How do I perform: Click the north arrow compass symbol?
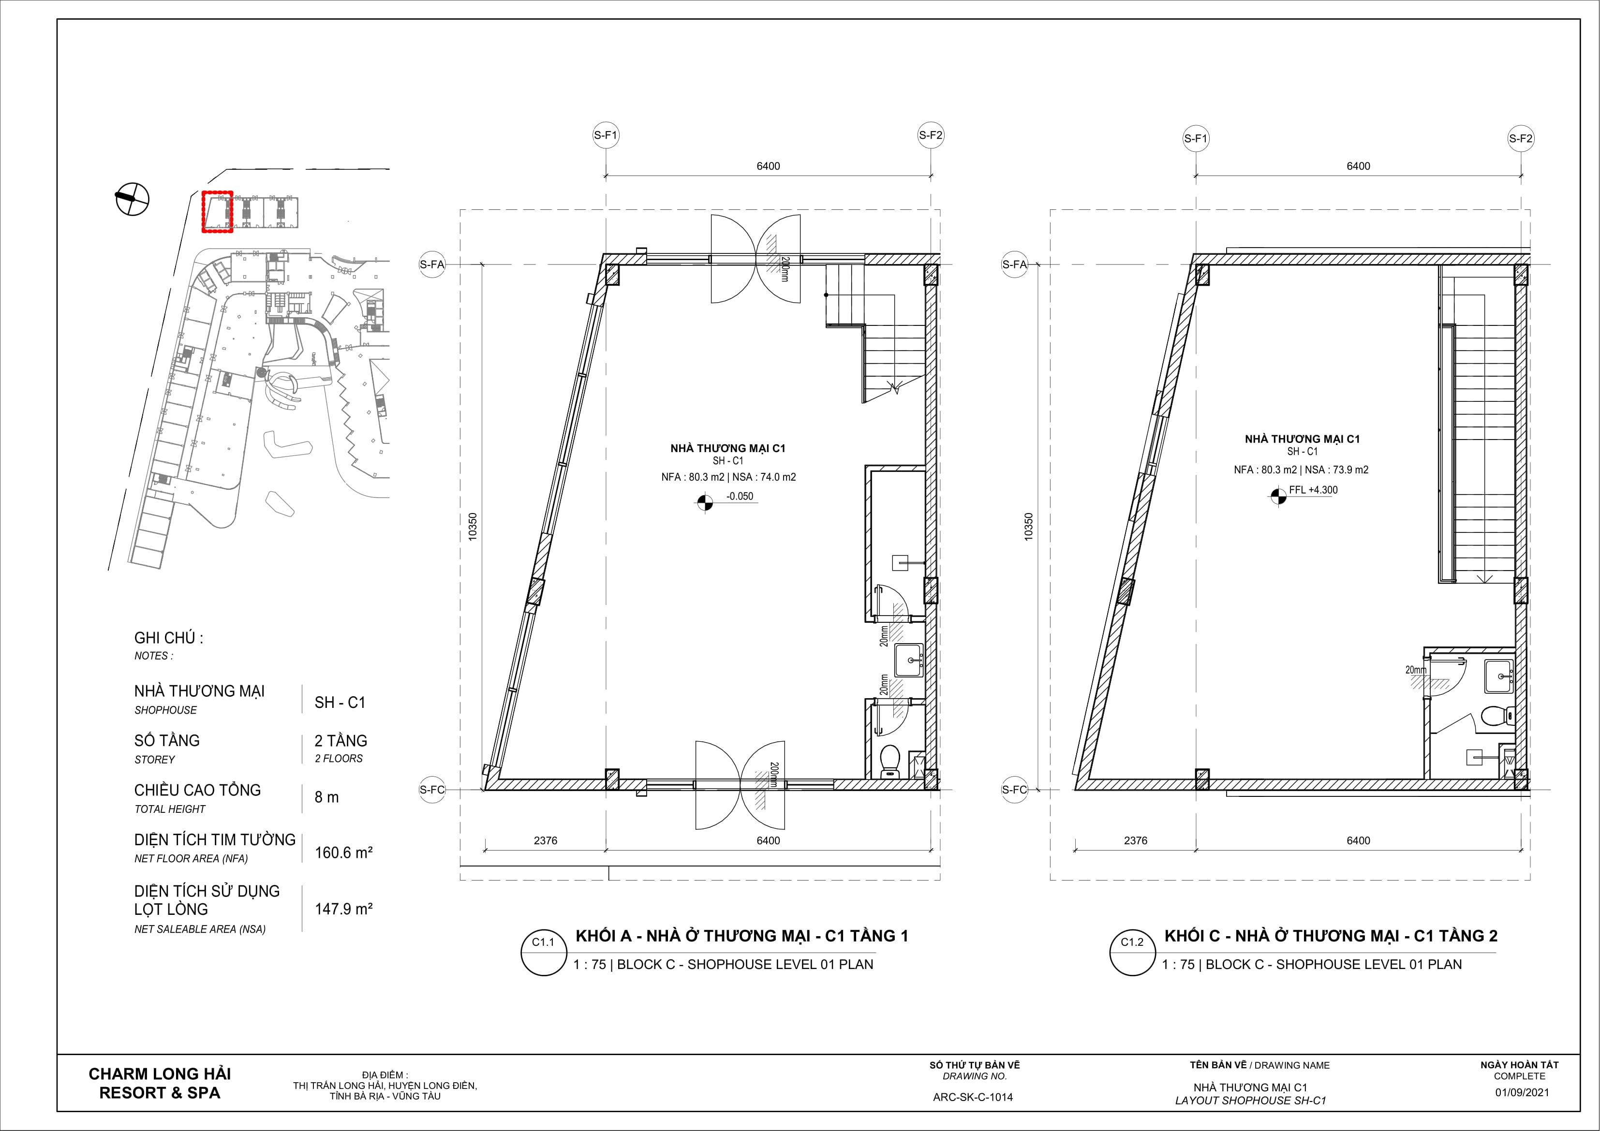(132, 199)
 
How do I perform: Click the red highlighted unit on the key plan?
(217, 212)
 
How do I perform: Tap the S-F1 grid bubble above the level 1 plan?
(606, 136)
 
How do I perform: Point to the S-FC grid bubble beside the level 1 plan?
(432, 790)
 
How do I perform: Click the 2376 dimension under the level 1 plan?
(545, 840)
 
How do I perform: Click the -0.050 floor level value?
(740, 496)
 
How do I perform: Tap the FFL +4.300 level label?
(1313, 490)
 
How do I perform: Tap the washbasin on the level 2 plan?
(1498, 675)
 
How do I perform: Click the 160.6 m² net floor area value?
(343, 852)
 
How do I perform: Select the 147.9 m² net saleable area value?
(343, 909)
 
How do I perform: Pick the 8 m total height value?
(327, 797)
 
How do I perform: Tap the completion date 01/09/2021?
(1522, 1092)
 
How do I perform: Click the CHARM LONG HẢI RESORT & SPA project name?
(160, 1084)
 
